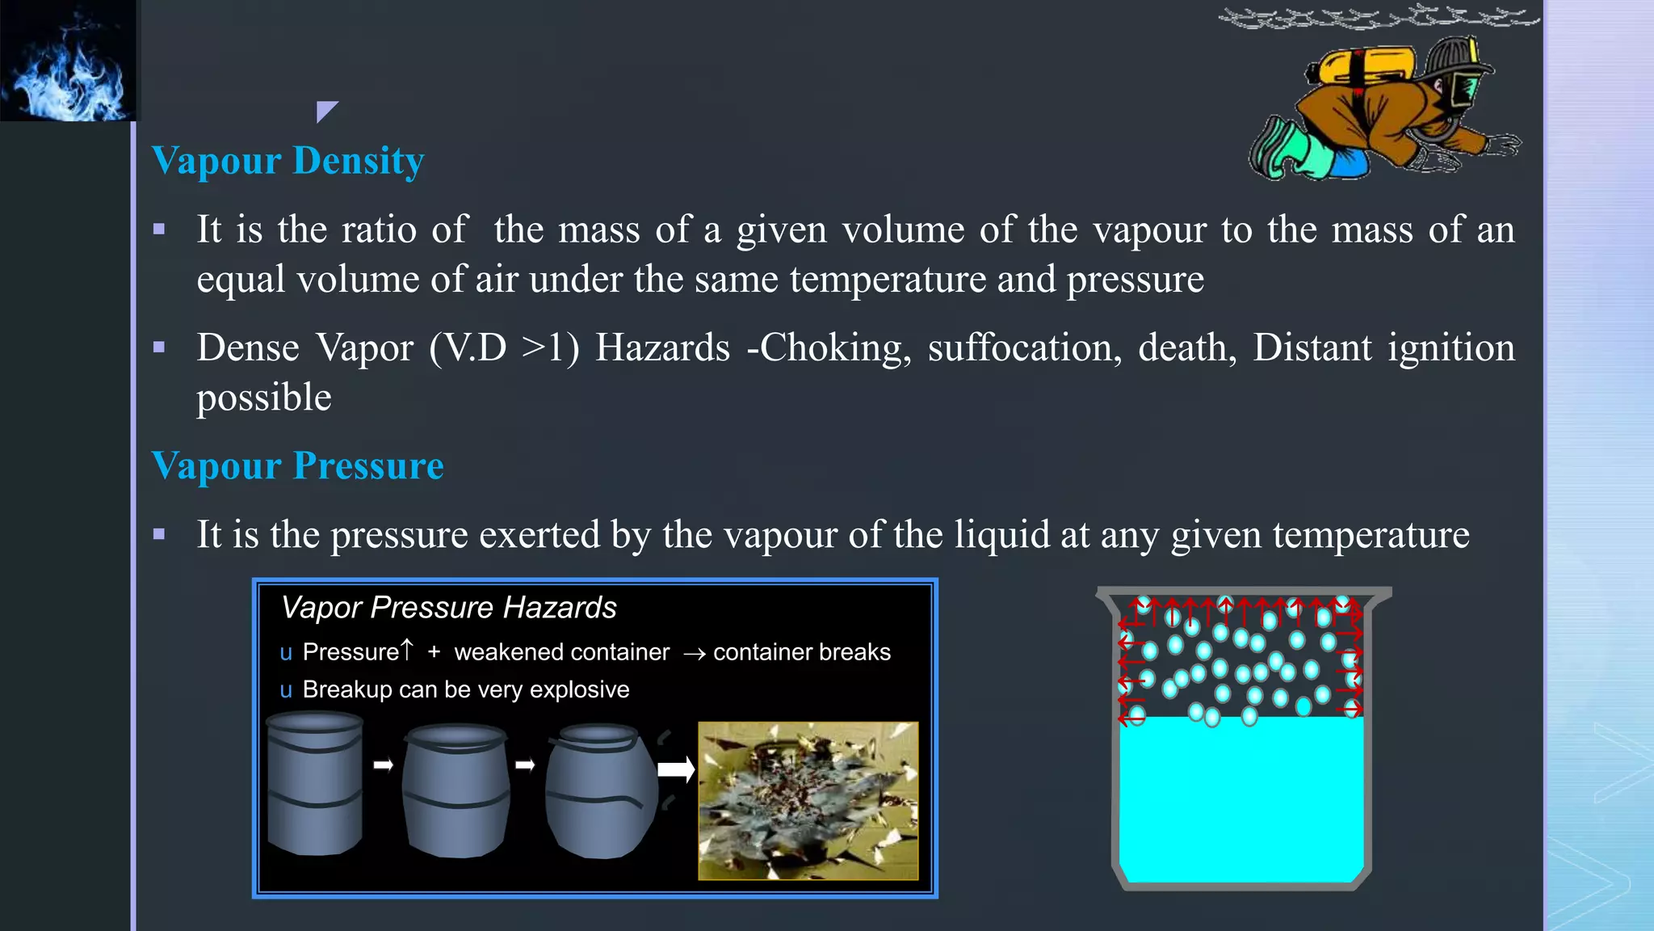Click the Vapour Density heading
tap(288, 161)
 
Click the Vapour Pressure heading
tap(297, 466)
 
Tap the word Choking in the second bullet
tap(830, 348)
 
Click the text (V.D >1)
tap(504, 348)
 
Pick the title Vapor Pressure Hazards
tap(448, 608)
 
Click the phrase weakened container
tap(561, 652)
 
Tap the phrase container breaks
tap(801, 652)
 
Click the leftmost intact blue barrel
tap(315, 784)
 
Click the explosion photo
tap(808, 800)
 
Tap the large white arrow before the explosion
tap(676, 769)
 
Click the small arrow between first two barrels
tap(383, 765)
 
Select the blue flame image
tap(69, 61)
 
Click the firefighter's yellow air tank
tap(1365, 65)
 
